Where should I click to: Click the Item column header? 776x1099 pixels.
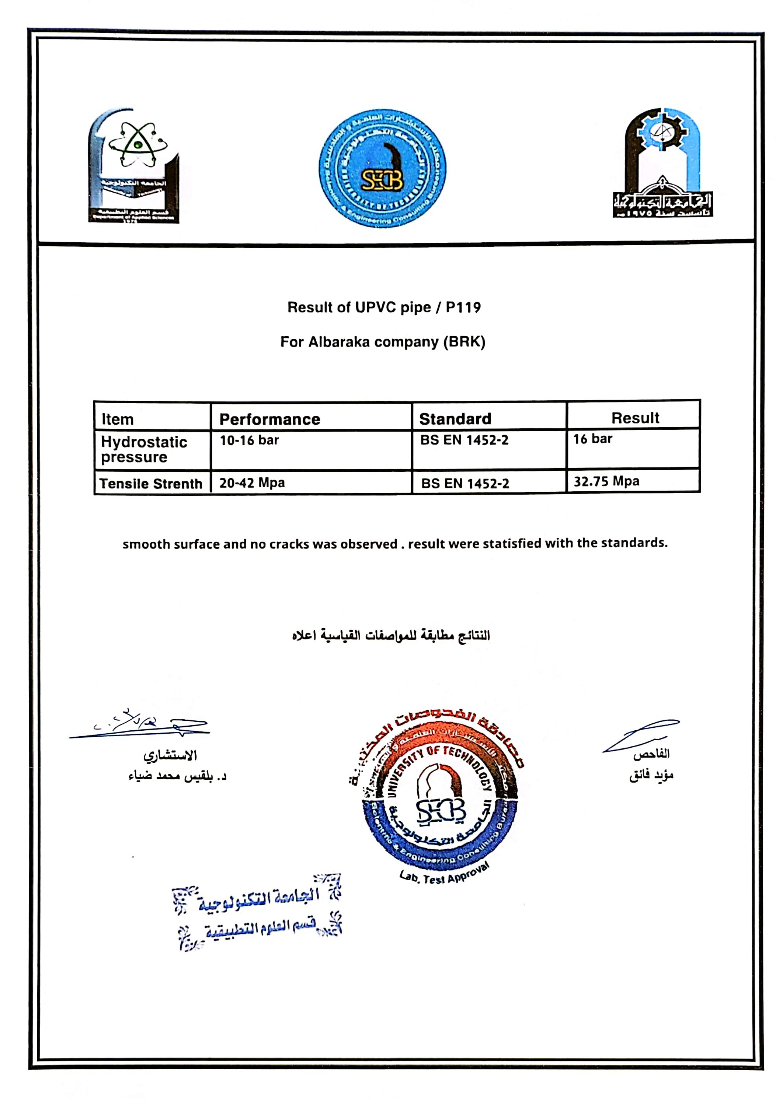[x=117, y=419]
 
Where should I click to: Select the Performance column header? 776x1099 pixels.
[x=270, y=419]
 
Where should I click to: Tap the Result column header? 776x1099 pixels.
[x=635, y=418]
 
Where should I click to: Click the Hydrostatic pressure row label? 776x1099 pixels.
[x=144, y=449]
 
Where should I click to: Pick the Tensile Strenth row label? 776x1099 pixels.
[x=150, y=484]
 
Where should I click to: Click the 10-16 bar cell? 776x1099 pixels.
[x=249, y=440]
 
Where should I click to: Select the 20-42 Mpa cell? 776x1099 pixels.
[x=252, y=482]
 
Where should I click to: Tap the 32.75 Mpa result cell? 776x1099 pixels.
[x=606, y=481]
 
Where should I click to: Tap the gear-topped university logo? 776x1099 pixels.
[x=662, y=163]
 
